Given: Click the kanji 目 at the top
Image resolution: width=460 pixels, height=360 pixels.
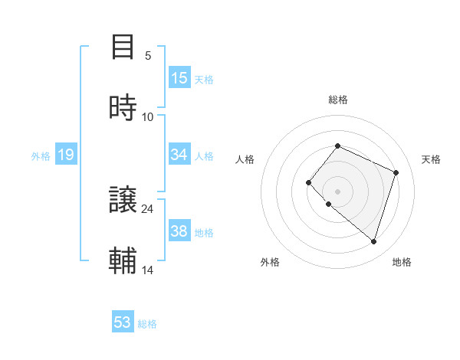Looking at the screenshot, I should [x=123, y=47].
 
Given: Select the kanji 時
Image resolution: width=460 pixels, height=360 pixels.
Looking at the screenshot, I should [x=123, y=108].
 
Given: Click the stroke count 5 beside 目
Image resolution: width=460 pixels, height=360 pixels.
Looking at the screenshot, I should [x=148, y=55].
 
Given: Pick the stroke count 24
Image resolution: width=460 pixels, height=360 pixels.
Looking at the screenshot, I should [x=148, y=208].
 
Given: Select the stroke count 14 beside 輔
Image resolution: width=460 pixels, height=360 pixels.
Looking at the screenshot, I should [x=148, y=270].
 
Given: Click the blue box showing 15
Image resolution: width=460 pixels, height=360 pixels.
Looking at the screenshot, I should [x=179, y=78].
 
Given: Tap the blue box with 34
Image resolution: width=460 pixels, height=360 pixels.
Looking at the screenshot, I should [x=179, y=155].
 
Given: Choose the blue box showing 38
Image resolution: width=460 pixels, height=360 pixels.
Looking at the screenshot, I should [x=179, y=231].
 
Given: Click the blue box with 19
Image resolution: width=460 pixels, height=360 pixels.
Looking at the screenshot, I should [x=66, y=155].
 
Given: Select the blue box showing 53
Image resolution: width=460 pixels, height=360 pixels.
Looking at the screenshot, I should [x=123, y=322].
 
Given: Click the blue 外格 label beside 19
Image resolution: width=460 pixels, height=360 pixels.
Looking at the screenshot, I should [x=41, y=156].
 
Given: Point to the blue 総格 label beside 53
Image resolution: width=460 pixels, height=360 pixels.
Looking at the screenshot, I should [x=147, y=324].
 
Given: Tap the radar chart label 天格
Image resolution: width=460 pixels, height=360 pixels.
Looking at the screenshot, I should [x=431, y=159].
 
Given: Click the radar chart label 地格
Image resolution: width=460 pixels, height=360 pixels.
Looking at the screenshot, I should [x=402, y=262].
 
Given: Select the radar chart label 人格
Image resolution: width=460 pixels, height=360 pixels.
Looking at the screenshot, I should [x=245, y=159].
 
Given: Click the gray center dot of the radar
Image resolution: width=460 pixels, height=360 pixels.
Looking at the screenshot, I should [x=337, y=191].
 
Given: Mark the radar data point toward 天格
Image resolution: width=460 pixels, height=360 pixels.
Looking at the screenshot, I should [x=396, y=172].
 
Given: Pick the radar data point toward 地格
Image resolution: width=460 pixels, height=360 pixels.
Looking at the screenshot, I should [x=373, y=241].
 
